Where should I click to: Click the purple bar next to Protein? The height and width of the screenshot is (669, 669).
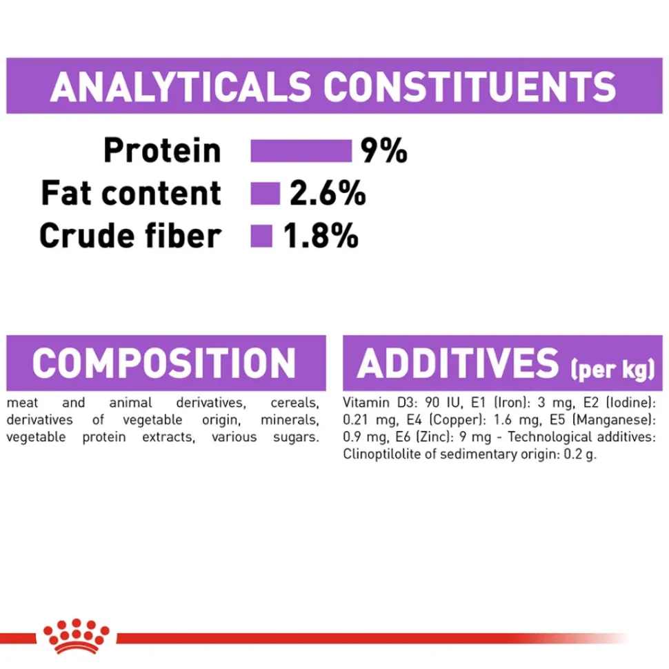coord(301,150)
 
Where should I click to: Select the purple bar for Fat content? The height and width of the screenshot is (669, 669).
coord(266,193)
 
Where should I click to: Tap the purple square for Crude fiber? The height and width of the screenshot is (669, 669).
coord(261,236)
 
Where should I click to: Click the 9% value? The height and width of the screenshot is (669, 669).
coord(384,150)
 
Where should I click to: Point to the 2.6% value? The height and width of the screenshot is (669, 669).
coord(328,193)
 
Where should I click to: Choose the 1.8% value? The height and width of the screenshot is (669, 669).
coord(321,236)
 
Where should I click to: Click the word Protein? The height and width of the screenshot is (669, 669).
coord(162,150)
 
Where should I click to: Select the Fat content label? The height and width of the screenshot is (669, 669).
coord(131,193)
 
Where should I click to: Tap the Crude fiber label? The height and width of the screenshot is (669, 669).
coord(130,236)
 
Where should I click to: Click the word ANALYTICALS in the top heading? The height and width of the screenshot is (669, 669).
coord(181,87)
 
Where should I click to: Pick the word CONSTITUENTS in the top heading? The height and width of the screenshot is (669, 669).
coord(470,87)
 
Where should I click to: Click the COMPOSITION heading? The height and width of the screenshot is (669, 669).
coord(164,363)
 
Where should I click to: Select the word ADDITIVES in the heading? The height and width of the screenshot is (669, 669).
coord(458,363)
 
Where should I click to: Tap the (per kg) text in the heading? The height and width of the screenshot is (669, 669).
coord(612,370)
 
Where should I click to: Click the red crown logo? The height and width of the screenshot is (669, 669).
coord(77,636)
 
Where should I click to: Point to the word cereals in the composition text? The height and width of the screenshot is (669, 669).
coord(294,403)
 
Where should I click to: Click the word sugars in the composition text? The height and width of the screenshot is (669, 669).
coord(296,437)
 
